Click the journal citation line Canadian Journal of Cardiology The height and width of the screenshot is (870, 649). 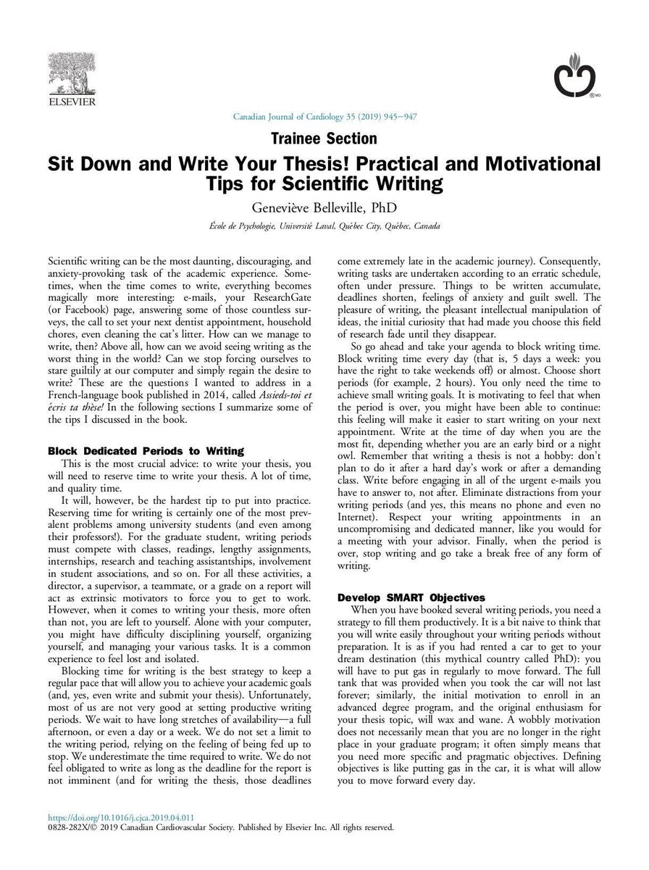(324, 117)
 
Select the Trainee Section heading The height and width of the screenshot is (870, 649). (324, 138)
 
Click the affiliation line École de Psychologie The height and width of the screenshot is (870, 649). (324, 226)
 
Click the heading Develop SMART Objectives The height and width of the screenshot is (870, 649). (411, 597)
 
